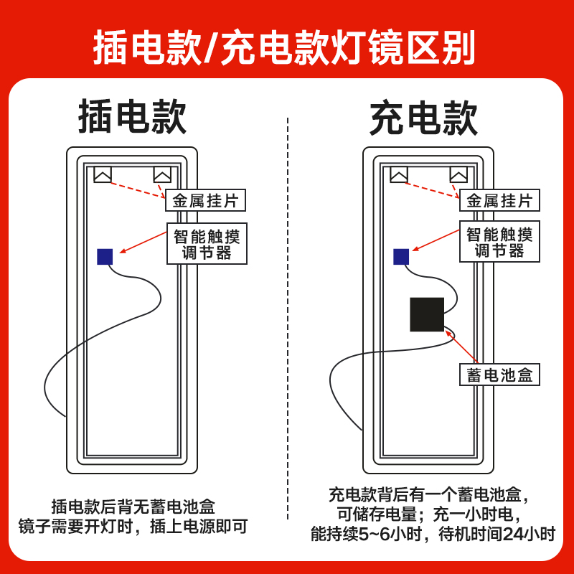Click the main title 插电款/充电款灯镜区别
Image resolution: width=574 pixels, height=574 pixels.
pos(285,47)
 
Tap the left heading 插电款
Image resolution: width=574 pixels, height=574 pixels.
pos(133,117)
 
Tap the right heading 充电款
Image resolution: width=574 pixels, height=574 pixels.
pos(423,118)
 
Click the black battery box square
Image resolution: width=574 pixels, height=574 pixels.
pos(427,314)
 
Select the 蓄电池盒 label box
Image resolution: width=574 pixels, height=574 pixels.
pos(499,375)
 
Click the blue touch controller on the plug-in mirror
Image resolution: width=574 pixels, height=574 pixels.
pos(105,256)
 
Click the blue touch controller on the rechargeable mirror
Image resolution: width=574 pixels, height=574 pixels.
pos(401,256)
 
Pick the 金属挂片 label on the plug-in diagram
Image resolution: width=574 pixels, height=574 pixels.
pos(205,200)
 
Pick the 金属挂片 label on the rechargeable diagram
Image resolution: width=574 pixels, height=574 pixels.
pos(499,200)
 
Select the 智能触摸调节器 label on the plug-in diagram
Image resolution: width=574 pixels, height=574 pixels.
pos(207,244)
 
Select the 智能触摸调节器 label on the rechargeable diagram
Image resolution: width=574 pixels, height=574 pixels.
pos(499,242)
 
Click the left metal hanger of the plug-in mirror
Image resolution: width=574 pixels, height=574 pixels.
pos(103,174)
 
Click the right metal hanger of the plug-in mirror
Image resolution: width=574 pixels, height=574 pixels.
pos(162,174)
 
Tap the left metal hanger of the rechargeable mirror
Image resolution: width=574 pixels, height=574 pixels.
pos(399,174)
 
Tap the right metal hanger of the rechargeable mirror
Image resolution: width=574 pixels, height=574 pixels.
pos(458,174)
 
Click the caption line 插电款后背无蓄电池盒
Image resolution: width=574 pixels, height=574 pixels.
pos(133,506)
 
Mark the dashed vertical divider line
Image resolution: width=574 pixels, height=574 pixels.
pos(288,316)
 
